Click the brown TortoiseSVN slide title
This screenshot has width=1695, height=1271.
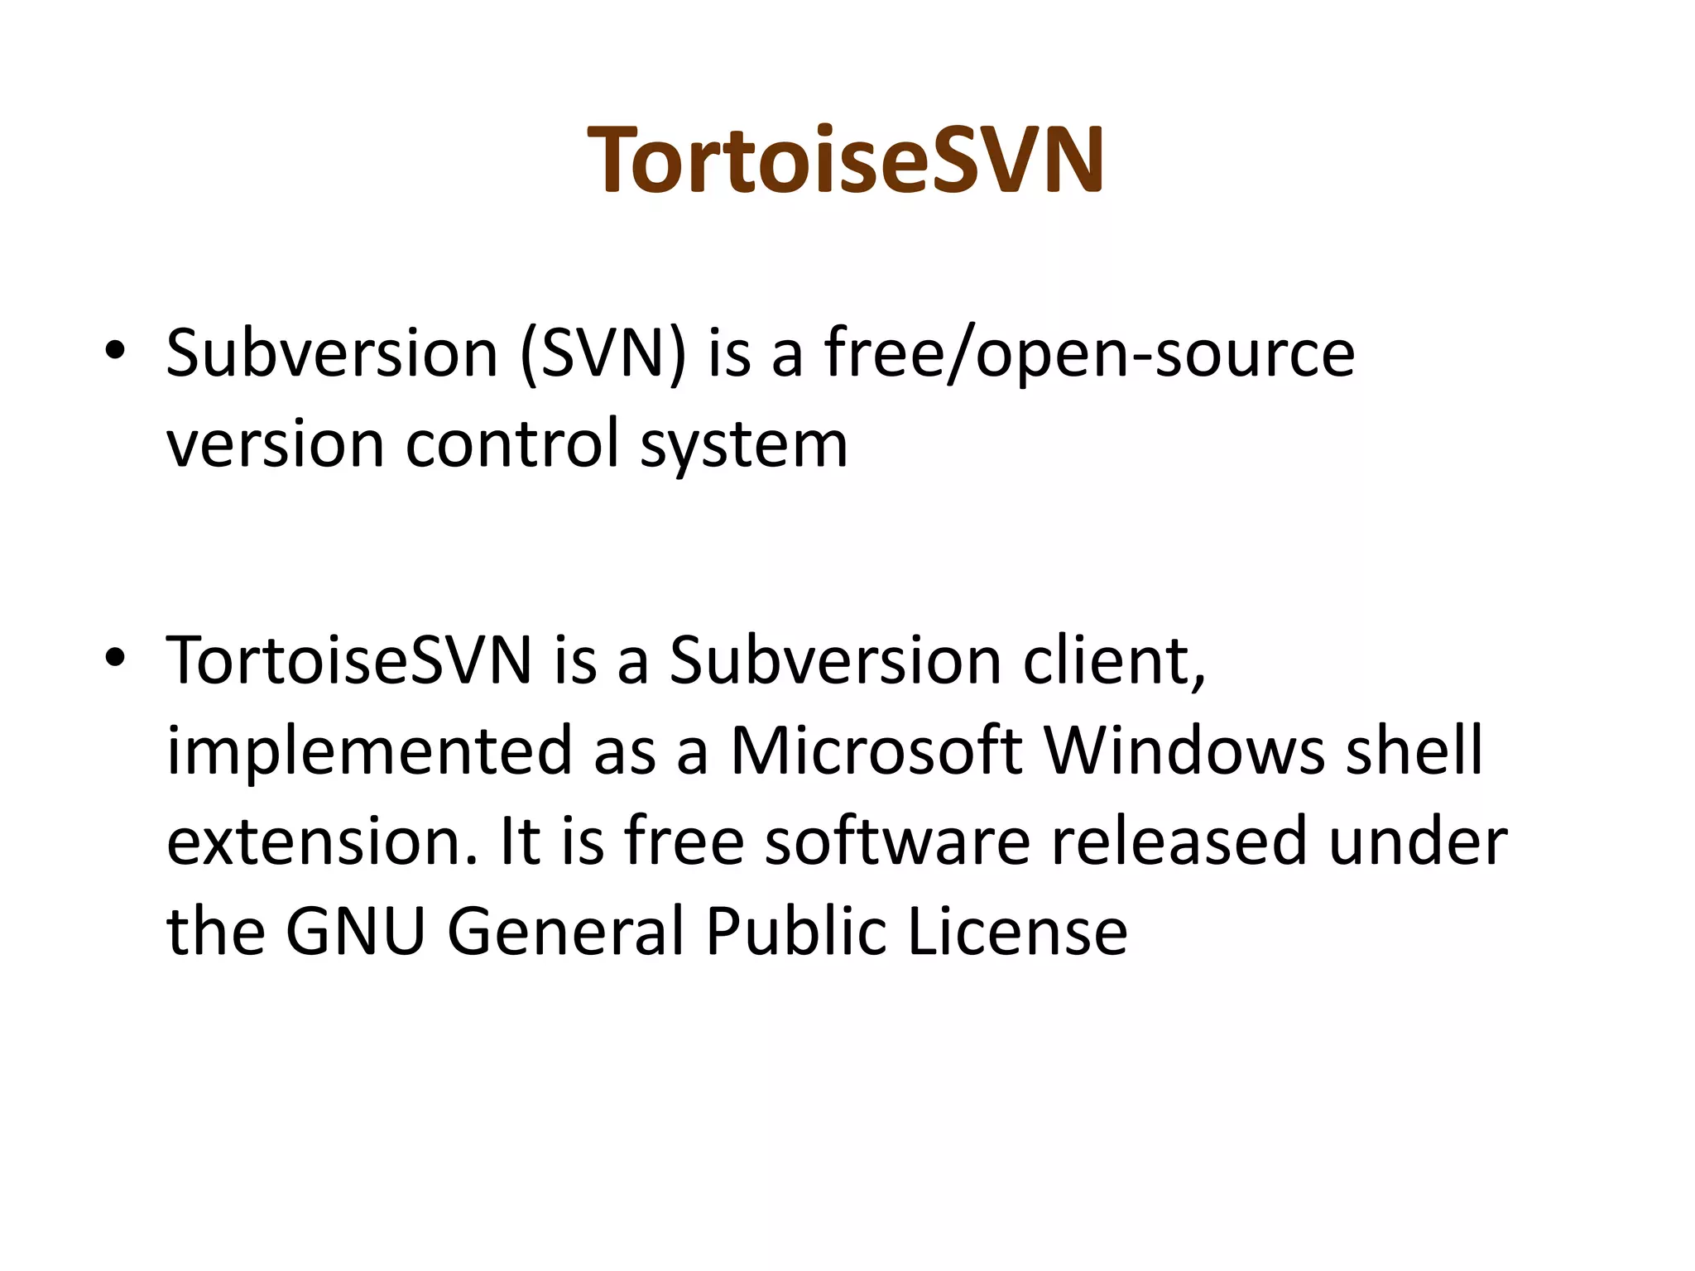click(x=846, y=159)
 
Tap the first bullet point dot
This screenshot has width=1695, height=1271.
click(x=115, y=351)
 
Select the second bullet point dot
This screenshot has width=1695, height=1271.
click(x=115, y=658)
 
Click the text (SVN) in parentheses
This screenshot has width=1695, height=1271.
click(x=603, y=354)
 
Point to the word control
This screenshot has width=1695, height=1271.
click(x=512, y=444)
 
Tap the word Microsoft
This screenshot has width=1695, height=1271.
click(x=876, y=751)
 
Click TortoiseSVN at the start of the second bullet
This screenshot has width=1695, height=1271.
click(x=348, y=661)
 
